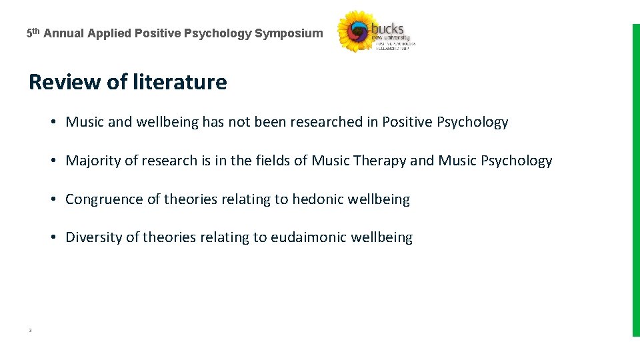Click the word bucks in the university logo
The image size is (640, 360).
(x=387, y=29)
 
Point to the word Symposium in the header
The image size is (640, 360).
(x=289, y=33)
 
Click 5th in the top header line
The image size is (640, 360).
(x=33, y=33)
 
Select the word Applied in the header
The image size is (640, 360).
(x=109, y=33)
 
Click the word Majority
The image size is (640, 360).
(x=92, y=161)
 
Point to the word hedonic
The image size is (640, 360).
(x=319, y=199)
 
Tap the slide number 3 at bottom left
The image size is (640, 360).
(x=31, y=330)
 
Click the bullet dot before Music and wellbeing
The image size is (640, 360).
(x=51, y=122)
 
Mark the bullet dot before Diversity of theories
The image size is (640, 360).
(x=51, y=238)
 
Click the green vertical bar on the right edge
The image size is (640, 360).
(x=635, y=180)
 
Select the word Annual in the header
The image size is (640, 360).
(x=65, y=33)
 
